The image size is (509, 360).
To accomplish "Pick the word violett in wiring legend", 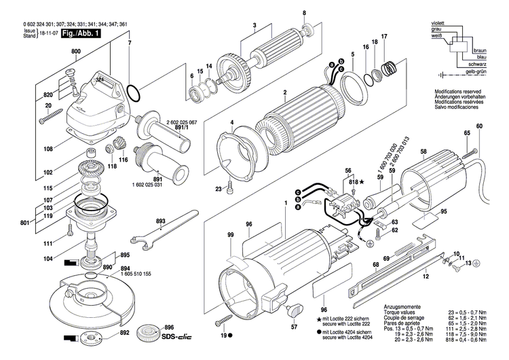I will [x=441, y=23].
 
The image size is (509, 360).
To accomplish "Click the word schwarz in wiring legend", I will [x=477, y=64].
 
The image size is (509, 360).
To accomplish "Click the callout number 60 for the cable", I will [x=479, y=127].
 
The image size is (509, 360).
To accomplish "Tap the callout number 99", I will [x=231, y=234].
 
